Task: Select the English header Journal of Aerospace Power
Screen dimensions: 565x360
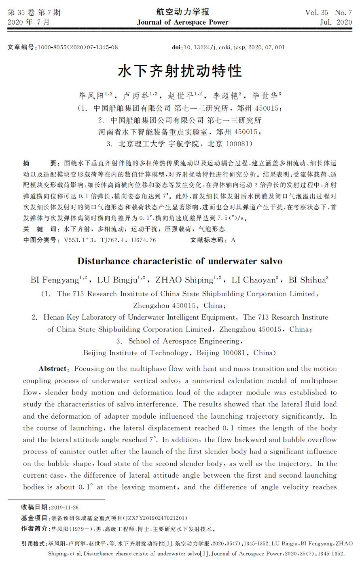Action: coord(182,22)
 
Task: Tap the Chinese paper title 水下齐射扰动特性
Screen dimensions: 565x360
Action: coord(180,71)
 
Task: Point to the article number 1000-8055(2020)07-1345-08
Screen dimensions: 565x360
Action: coord(78,47)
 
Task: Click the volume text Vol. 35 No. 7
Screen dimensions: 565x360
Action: coord(328,12)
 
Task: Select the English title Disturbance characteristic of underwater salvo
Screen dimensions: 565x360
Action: coord(180,261)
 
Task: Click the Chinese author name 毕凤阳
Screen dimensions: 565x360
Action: coord(91,96)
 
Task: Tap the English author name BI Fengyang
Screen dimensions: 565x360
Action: coord(55,280)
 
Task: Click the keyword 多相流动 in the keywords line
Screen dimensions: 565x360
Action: coord(110,229)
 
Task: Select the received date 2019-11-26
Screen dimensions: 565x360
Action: coord(65,508)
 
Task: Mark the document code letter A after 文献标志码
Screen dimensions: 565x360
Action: coord(233,240)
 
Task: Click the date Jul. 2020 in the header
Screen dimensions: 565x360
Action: coord(336,22)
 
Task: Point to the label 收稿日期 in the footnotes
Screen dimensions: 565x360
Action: coord(34,508)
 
